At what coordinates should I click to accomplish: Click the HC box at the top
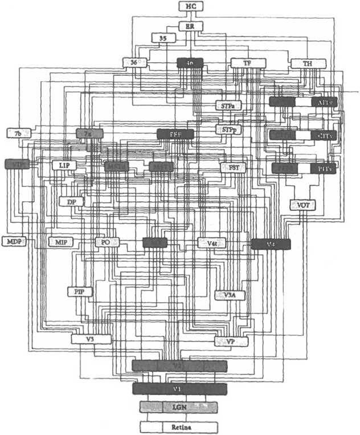point(190,6)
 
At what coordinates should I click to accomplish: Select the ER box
point(190,26)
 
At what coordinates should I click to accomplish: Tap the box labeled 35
point(163,38)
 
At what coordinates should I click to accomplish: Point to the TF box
point(246,63)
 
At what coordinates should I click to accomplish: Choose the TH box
point(307,63)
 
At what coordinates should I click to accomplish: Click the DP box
point(71,201)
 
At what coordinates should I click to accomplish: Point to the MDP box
point(14,242)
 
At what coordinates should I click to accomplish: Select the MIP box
point(60,242)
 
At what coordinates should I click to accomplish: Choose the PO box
point(106,242)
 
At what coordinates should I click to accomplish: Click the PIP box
point(80,291)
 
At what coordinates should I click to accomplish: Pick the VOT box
point(301,205)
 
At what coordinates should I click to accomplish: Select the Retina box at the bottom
point(179,426)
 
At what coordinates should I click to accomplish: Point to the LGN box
point(179,407)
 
